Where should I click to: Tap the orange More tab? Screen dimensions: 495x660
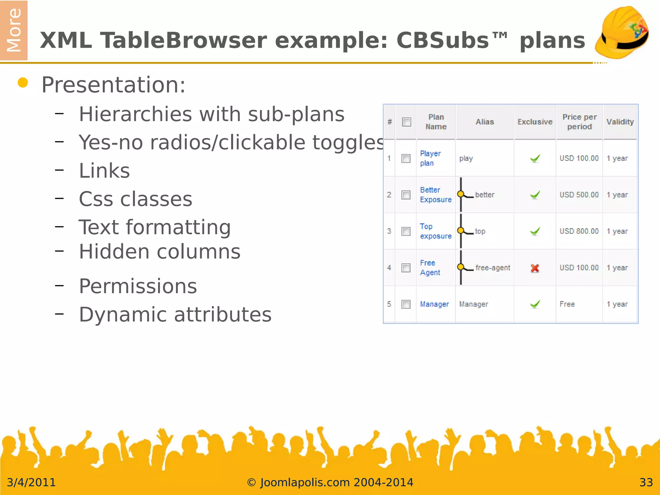click(x=14, y=30)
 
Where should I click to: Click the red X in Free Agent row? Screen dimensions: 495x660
click(x=535, y=268)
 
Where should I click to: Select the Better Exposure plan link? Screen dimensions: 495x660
click(x=435, y=195)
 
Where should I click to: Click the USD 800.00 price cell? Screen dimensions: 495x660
click(x=579, y=231)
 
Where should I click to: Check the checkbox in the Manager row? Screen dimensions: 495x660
click(x=406, y=304)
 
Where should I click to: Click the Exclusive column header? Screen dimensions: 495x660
click(x=535, y=122)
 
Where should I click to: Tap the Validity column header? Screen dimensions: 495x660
click(x=620, y=122)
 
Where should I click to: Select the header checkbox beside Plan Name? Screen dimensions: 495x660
click(x=406, y=122)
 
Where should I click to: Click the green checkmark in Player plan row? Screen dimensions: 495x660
click(x=535, y=158)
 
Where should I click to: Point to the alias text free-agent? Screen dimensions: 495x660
click(x=492, y=268)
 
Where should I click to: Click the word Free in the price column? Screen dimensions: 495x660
click(x=567, y=304)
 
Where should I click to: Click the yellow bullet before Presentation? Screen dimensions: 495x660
click(x=23, y=83)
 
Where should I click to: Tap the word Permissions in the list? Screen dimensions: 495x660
click(x=138, y=286)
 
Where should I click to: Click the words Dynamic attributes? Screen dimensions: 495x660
click(x=175, y=315)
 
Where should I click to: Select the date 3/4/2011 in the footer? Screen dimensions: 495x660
click(x=31, y=482)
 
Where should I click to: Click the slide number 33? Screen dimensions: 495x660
click(x=646, y=482)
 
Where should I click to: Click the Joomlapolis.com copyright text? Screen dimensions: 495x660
click(x=330, y=482)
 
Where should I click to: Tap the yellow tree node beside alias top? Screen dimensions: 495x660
click(x=461, y=230)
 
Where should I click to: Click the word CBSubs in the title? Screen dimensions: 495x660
click(x=443, y=41)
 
